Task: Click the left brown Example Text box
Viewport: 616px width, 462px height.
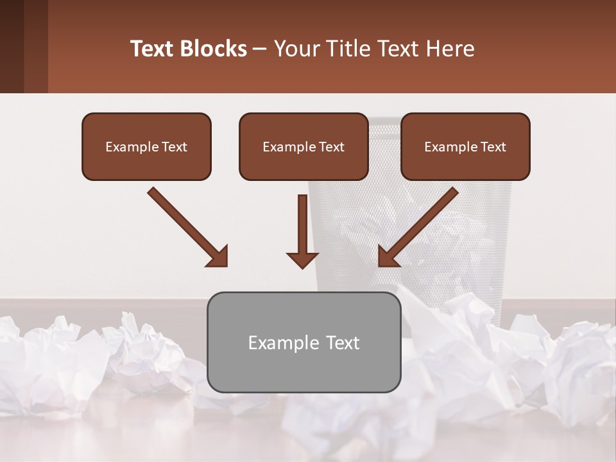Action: [x=146, y=146]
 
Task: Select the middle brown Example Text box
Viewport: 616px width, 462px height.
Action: [x=304, y=146]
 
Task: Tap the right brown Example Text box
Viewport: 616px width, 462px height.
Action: [x=465, y=146]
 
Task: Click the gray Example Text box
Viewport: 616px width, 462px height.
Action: [x=304, y=342]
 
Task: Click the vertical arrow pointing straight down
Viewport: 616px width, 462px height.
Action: [x=302, y=231]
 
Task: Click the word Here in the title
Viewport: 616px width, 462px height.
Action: [x=450, y=49]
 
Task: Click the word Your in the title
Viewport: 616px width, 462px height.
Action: [x=296, y=49]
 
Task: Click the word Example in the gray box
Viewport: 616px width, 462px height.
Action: [x=278, y=343]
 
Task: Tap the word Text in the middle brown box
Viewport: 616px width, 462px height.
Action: [x=332, y=147]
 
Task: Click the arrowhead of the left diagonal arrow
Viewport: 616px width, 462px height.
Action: [x=218, y=257]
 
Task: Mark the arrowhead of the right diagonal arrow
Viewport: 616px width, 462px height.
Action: [x=388, y=257]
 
